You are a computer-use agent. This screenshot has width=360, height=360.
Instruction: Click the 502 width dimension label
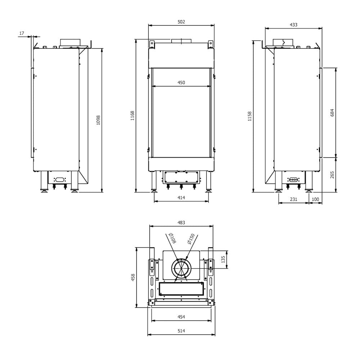[181, 22]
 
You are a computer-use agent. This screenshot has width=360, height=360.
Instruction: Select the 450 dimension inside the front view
[181, 83]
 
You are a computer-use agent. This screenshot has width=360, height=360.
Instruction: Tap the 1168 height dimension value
[132, 116]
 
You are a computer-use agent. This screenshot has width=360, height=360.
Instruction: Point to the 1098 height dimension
[98, 120]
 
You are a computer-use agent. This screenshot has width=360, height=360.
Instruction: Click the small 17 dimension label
[22, 33]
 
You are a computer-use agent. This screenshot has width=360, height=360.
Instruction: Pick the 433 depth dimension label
[293, 25]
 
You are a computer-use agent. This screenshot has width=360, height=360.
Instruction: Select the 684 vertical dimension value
[332, 112]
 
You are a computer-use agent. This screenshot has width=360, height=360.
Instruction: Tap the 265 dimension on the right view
[332, 175]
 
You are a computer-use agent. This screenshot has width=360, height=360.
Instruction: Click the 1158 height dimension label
[250, 116]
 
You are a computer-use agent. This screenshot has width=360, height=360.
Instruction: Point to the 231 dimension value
[293, 199]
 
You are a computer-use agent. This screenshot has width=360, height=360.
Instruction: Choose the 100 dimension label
[315, 199]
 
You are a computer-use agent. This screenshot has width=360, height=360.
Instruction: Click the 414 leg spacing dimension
[181, 198]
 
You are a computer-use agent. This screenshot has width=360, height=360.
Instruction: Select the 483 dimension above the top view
[181, 223]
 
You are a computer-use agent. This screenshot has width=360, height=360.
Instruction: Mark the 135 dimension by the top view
[223, 259]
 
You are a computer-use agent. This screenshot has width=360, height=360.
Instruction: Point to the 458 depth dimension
[133, 277]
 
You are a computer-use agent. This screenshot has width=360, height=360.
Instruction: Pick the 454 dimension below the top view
[181, 317]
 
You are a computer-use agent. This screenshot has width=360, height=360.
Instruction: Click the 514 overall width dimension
[181, 331]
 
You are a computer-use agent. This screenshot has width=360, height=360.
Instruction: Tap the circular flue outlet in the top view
[181, 269]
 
